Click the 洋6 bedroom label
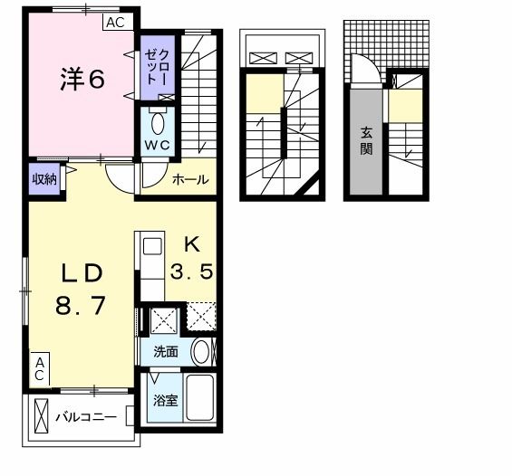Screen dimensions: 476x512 pyautogui.click(x=82, y=80)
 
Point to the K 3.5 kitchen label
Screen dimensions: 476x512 pyautogui.click(x=192, y=258)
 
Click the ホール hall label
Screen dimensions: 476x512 pyautogui.click(x=191, y=180)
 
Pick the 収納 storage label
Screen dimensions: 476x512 pyautogui.click(x=44, y=178)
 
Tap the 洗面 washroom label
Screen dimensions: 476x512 pyautogui.click(x=165, y=352)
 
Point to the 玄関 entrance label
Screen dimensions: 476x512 pyautogui.click(x=366, y=141)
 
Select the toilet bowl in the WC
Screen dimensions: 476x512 pyautogui.click(x=158, y=121)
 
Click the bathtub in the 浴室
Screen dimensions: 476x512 pyautogui.click(x=198, y=399)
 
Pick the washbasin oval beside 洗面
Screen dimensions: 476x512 pyautogui.click(x=203, y=352)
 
